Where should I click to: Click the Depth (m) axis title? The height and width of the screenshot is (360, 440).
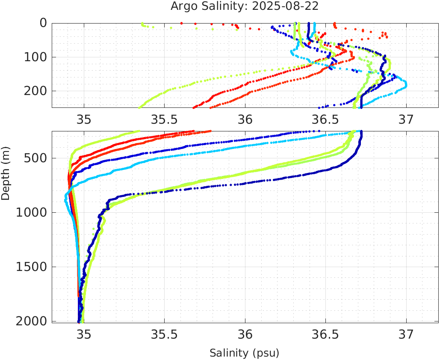tap(6, 173)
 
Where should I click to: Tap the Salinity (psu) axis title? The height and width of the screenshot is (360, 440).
tap(244, 353)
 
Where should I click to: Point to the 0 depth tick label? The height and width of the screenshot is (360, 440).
tap(43, 23)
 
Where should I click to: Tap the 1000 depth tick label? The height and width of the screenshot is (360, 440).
tap(31, 213)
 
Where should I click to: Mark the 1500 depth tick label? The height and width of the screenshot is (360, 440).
tap(31, 267)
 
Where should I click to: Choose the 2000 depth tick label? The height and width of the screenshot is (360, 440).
tap(31, 321)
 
